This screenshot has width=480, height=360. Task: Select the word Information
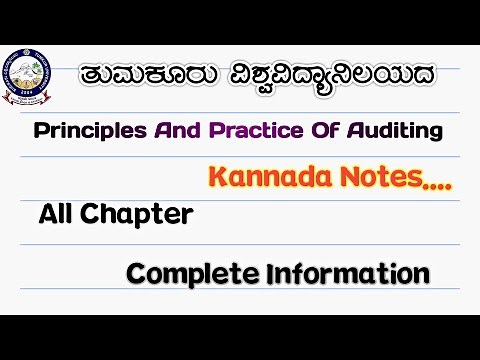click(347, 272)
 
